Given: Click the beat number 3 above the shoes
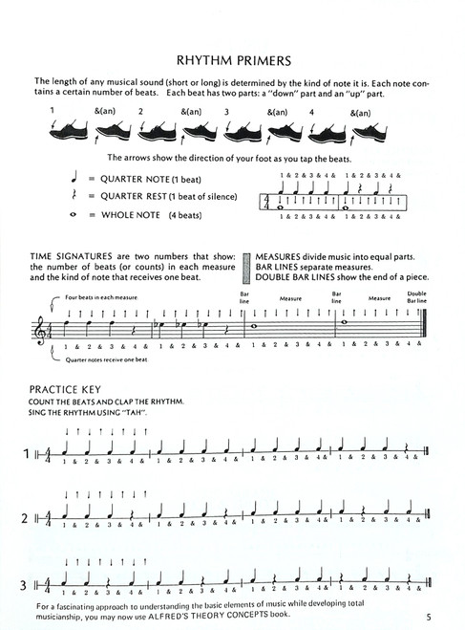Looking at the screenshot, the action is [227, 111].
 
